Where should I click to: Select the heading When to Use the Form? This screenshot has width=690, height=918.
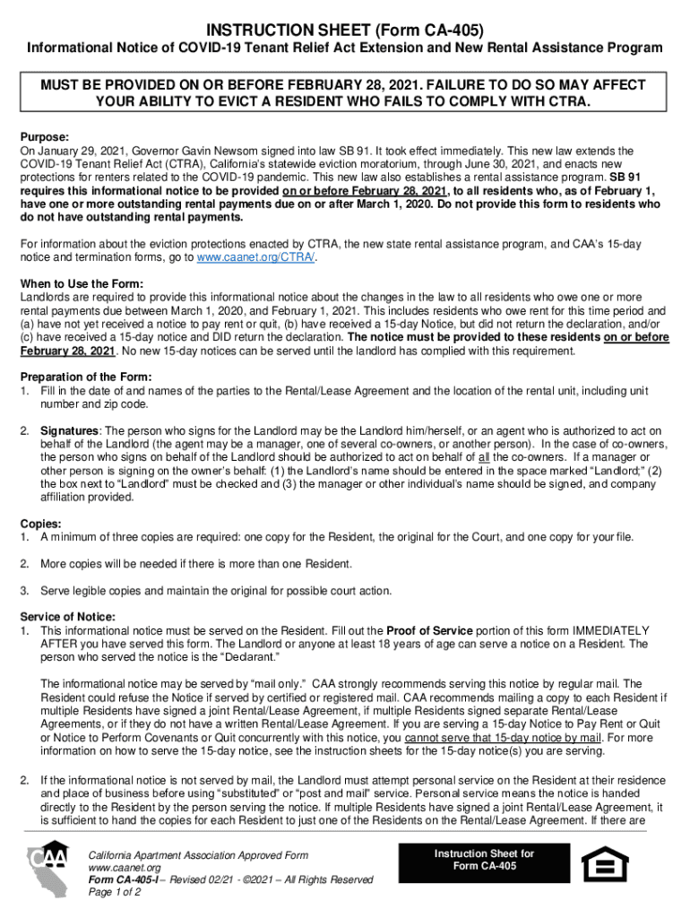coord(82,284)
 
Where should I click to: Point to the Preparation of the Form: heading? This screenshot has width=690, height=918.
coord(86,377)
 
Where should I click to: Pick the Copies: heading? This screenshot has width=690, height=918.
coord(40,524)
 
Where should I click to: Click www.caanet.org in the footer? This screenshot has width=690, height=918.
coord(124,868)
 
